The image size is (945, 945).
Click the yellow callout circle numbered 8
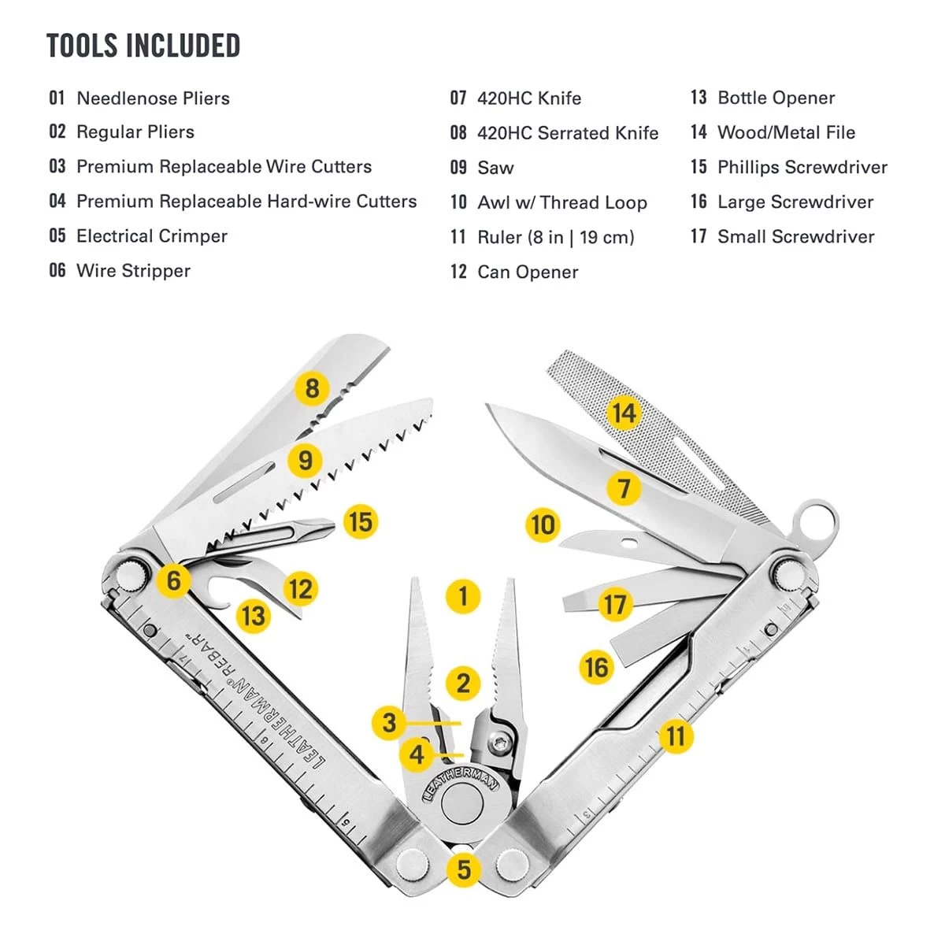coord(313,387)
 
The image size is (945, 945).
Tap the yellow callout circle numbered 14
coord(624,413)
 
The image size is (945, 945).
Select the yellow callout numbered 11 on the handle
coord(675,736)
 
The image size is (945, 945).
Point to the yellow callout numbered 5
coord(463,869)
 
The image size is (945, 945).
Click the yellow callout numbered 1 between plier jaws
coord(462,596)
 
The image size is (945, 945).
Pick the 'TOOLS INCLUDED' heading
coord(143,46)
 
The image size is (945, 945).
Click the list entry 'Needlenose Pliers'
coord(153,98)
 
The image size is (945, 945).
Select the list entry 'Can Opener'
coord(528,272)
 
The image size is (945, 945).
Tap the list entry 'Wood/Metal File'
coord(786,132)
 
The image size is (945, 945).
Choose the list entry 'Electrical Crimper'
coord(151,236)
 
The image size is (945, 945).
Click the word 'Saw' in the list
coord(495,168)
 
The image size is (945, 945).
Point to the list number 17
coord(699,236)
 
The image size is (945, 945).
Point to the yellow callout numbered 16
coord(596,668)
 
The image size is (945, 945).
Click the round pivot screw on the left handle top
coord(132,573)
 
